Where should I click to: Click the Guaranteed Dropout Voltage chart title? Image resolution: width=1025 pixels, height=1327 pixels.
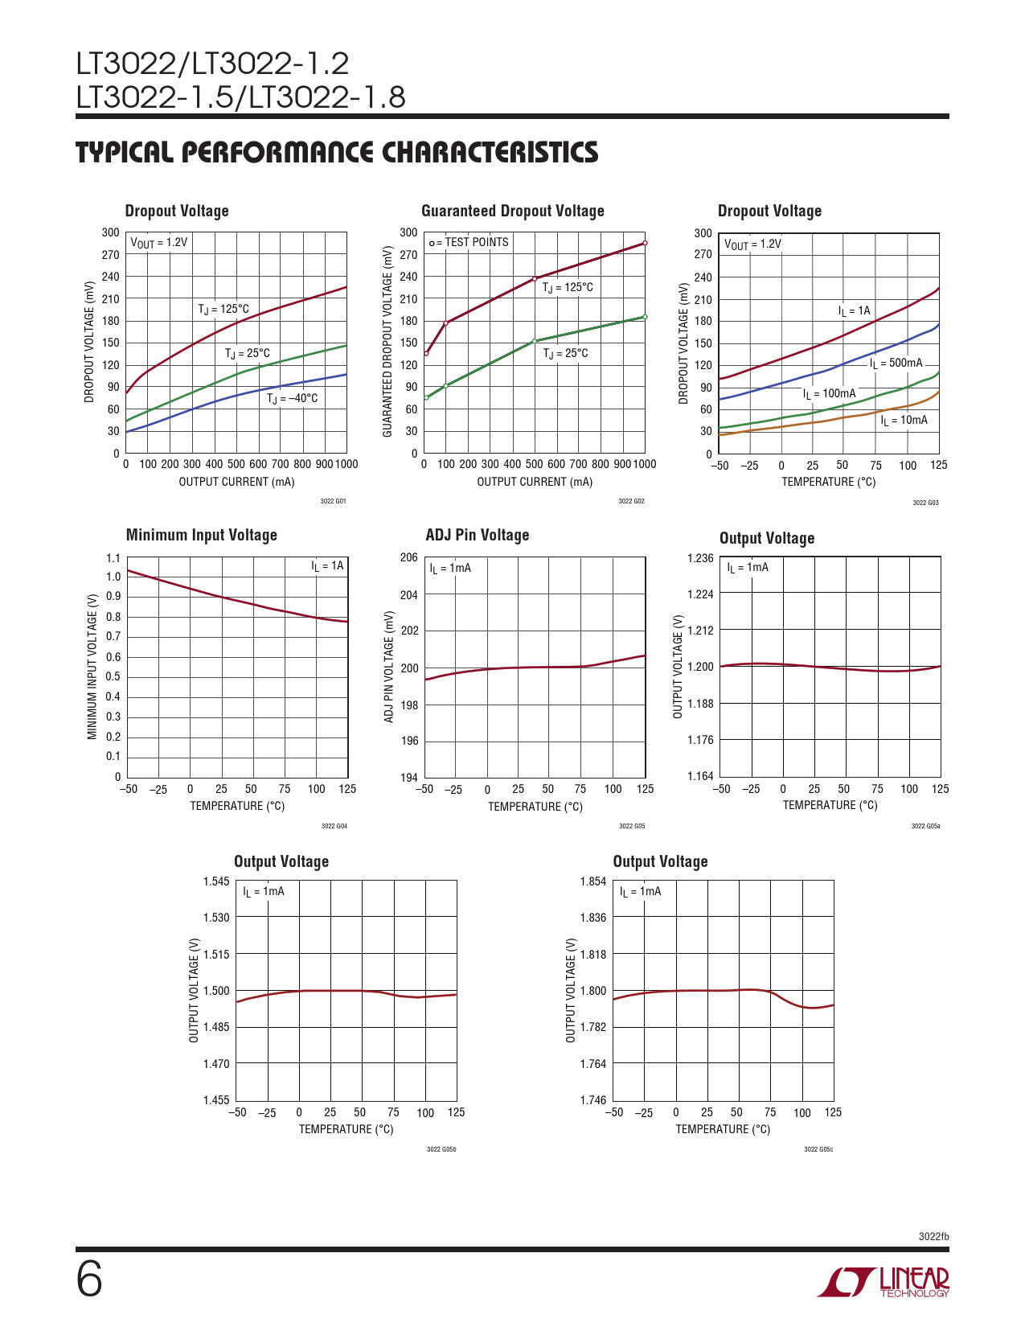(512, 211)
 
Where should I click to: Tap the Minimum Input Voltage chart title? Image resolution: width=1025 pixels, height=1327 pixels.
(201, 535)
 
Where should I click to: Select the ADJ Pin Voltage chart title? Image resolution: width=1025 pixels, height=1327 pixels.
(477, 535)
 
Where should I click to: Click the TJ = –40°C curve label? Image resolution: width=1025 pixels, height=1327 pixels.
(292, 398)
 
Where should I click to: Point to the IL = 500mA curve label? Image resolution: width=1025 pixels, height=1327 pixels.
(896, 363)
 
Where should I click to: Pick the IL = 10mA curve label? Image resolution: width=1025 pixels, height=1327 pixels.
(904, 420)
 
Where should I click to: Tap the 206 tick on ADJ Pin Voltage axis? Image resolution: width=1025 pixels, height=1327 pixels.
(408, 557)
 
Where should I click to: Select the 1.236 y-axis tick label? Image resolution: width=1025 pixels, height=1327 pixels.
(699, 558)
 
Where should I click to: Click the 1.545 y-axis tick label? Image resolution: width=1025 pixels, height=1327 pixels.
(216, 881)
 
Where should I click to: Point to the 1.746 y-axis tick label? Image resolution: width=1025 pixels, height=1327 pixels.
(593, 1100)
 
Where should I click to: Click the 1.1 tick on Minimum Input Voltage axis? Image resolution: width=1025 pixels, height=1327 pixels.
(113, 558)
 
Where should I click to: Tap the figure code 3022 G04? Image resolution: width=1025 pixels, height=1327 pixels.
(334, 826)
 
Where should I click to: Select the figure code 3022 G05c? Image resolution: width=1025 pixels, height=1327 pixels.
(818, 1149)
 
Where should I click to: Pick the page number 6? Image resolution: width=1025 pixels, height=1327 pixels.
(89, 1280)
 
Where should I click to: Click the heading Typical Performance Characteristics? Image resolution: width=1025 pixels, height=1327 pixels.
(337, 152)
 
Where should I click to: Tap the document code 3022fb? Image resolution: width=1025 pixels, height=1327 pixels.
(933, 1236)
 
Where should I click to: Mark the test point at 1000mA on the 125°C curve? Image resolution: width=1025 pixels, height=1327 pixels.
(645, 243)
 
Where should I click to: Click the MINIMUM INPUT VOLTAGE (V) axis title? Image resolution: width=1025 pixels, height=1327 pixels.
(92, 667)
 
